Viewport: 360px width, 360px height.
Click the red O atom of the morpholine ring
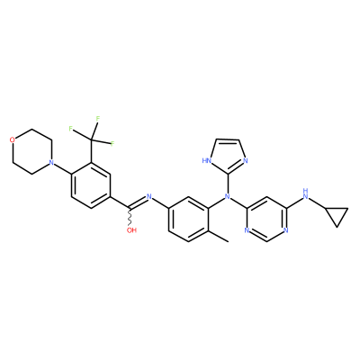pyautogui.click(x=12, y=139)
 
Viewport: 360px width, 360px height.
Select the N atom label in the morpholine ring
pyautogui.click(x=51, y=163)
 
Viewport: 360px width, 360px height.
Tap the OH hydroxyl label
pyautogui.click(x=131, y=230)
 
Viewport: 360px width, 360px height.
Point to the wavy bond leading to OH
pyautogui.click(x=130, y=217)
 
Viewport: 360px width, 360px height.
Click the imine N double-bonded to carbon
pyautogui.click(x=149, y=197)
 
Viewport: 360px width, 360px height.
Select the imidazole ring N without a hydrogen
pyautogui.click(x=246, y=160)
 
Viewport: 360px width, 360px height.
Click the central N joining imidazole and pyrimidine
pyautogui.click(x=227, y=197)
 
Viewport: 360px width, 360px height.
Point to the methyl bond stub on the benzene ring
pyautogui.click(x=218, y=236)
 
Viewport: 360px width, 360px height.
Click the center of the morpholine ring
pyautogui.click(x=31, y=151)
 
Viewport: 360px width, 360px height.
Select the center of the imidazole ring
pyautogui.click(x=228, y=156)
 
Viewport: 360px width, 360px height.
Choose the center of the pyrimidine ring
pyautogui.click(x=265, y=220)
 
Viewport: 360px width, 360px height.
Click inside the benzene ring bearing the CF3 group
pyautogui.click(x=91, y=185)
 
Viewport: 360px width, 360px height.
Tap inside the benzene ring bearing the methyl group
pyautogui.click(x=188, y=220)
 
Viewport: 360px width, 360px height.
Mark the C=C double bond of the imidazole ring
pyautogui.click(x=228, y=140)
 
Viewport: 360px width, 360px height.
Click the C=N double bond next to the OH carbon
pyautogui.click(x=139, y=202)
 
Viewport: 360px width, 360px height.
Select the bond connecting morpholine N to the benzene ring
pyautogui.click(x=62, y=168)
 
